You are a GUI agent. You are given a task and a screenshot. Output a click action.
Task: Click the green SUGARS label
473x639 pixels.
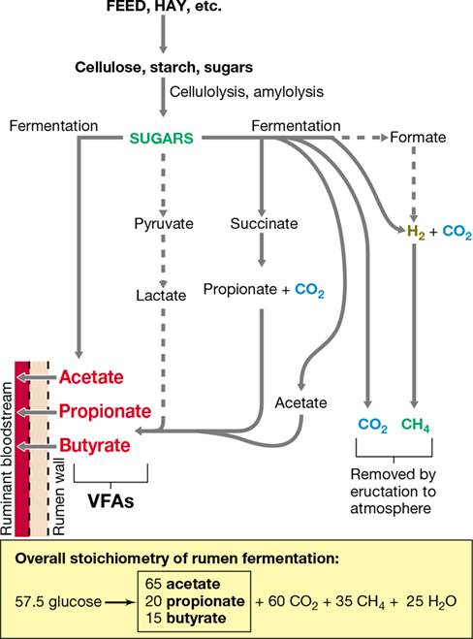click(161, 138)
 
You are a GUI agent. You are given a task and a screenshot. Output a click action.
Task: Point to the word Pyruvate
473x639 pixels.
click(164, 224)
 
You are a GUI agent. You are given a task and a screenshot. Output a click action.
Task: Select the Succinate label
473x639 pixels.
click(264, 223)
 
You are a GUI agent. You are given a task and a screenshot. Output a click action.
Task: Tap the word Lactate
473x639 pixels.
click(161, 295)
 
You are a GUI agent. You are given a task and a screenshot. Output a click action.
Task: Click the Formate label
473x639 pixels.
click(418, 138)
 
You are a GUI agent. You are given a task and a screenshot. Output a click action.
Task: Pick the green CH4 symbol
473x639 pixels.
click(415, 425)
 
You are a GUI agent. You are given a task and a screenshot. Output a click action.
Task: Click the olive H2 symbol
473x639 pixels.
click(416, 232)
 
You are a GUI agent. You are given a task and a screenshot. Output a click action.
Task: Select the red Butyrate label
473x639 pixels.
click(95, 445)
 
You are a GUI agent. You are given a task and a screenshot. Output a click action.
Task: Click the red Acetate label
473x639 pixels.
click(91, 377)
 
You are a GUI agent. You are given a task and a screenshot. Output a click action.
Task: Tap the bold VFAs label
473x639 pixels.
click(110, 501)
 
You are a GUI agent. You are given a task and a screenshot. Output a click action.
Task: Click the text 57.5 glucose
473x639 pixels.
click(58, 601)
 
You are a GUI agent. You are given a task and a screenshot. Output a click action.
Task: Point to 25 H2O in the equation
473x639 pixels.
click(431, 601)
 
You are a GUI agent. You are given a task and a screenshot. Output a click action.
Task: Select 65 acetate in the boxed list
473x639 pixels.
click(182, 584)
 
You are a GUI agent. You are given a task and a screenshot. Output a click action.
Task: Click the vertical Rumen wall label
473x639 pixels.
click(59, 496)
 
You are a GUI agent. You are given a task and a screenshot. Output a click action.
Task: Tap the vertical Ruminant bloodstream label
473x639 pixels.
click(7, 458)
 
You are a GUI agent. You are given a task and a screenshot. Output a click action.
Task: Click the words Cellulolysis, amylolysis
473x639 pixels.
click(246, 92)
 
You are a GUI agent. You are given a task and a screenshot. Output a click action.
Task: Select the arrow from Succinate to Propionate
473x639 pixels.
click(262, 249)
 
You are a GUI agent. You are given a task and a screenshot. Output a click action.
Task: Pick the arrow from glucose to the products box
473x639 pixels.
click(120, 602)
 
